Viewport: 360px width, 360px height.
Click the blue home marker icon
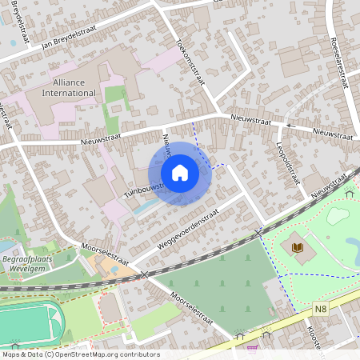[x=180, y=173]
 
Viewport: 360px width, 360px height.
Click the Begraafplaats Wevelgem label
[x=27, y=265]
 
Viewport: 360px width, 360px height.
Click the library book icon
[x=298, y=247]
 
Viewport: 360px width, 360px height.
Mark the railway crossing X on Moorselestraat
[x=144, y=275]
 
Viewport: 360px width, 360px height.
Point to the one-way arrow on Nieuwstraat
[x=290, y=126]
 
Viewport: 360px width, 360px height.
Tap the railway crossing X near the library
[x=258, y=233]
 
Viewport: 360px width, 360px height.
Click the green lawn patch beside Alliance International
[x=116, y=100]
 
